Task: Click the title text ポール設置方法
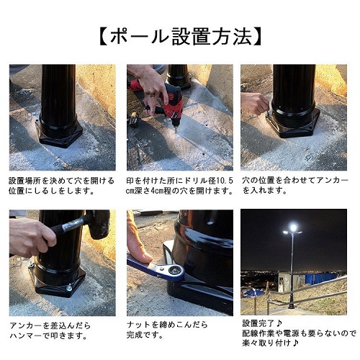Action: coord(180,37)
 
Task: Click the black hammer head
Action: coord(98,224)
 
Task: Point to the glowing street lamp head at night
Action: coord(293,228)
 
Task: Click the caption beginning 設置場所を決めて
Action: coord(61,186)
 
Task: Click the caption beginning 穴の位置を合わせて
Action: coord(294,186)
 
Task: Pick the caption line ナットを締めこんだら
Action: coord(167,325)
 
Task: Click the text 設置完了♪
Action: coord(262,323)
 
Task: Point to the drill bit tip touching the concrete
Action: coord(176,132)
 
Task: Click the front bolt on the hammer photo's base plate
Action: coord(69,288)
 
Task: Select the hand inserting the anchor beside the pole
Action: coord(254,103)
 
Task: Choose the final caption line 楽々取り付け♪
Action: coord(270,343)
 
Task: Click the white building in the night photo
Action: coord(292,282)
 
